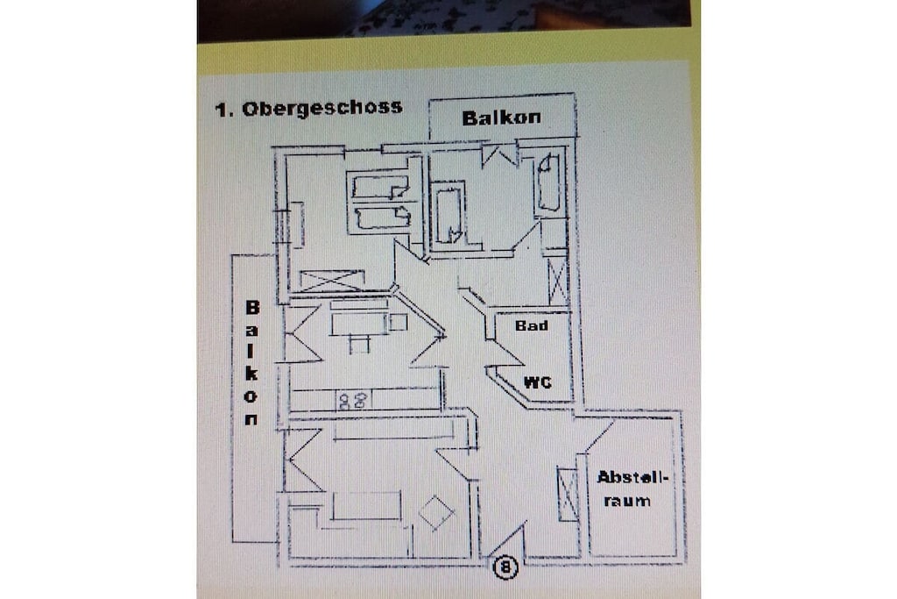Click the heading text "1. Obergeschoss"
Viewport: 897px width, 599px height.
308,108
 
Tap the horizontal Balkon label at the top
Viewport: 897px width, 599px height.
501,118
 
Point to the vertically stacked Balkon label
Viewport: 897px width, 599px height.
251,363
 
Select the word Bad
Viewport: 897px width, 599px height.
532,325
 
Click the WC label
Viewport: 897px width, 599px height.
538,382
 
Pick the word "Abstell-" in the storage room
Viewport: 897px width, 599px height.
632,477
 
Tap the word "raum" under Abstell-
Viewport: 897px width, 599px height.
627,501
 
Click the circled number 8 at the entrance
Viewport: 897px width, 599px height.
505,567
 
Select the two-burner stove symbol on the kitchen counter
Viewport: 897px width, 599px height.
352,400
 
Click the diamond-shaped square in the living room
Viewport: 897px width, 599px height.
436,512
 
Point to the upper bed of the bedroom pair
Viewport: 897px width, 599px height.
380,187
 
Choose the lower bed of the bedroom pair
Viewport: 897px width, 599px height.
382,218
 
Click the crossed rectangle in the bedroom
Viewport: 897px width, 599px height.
332,281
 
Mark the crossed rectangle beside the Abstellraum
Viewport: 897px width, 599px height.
568,495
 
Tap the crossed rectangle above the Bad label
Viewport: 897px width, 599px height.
558,282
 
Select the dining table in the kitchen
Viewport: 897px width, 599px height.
358,324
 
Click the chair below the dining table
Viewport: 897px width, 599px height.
359,344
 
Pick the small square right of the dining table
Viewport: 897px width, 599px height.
399,323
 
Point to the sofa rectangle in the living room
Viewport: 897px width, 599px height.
367,506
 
